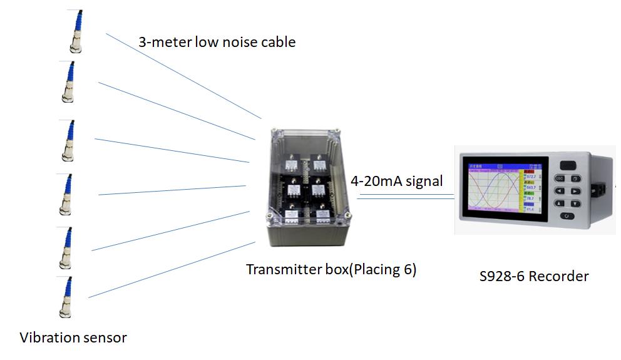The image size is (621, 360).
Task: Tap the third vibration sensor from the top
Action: [x=68, y=140]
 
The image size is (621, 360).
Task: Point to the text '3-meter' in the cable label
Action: [x=165, y=43]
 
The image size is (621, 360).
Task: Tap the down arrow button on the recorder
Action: [x=575, y=203]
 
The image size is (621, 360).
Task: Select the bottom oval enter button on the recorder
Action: [x=567, y=216]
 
